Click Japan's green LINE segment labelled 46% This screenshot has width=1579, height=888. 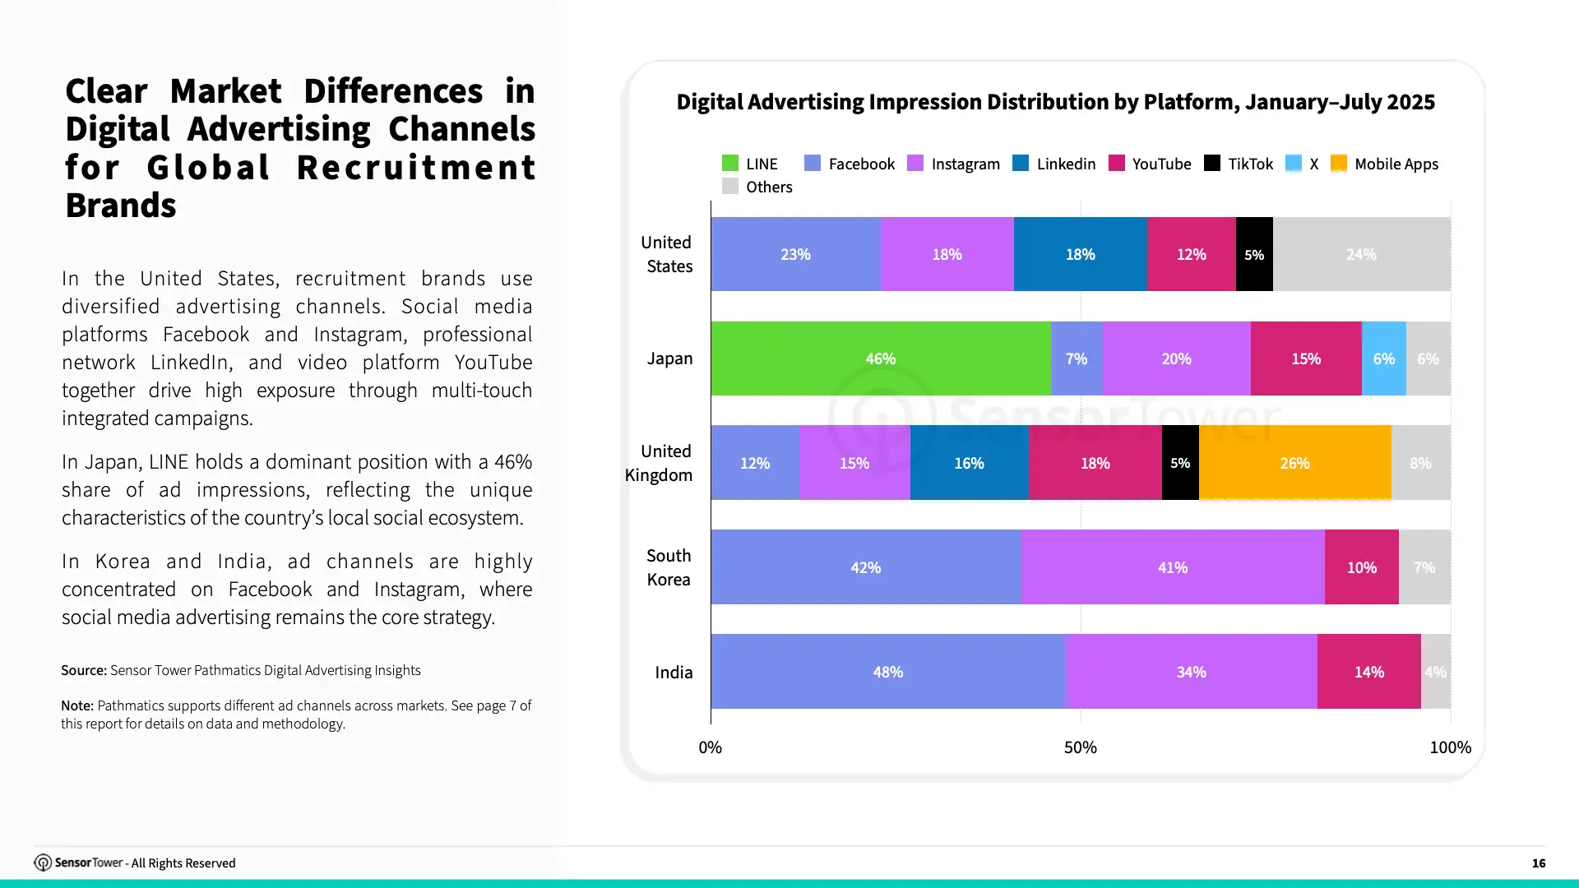coord(881,358)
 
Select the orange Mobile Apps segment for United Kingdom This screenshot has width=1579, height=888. coord(1295,463)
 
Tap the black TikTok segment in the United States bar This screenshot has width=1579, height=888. coord(1254,254)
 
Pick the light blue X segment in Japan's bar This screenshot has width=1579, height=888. coord(1384,358)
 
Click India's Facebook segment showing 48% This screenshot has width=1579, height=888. coord(888,672)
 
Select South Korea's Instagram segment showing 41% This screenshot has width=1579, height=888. coord(1173,567)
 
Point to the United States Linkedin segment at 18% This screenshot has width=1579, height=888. coord(1081,254)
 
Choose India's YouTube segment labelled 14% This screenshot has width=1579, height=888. coord(1369,672)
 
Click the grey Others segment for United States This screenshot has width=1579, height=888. coord(1362,254)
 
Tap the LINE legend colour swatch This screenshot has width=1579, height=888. coord(729,163)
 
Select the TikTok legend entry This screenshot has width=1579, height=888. coord(1239,164)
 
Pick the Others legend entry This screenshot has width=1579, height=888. coord(757,187)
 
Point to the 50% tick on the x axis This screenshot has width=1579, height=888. coord(1081,747)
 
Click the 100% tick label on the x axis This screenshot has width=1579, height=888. coord(1451,747)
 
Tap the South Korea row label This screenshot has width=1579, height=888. coord(669,567)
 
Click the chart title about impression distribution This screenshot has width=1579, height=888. coord(1056,102)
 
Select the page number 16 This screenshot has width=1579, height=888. coord(1539,863)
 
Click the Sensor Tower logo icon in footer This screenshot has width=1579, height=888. coord(43,863)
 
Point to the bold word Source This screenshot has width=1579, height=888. coord(84,670)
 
